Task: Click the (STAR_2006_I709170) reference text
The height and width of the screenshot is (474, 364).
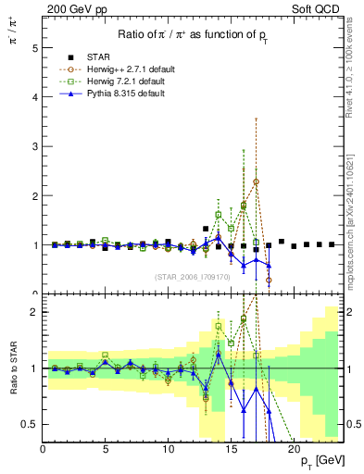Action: tap(193, 275)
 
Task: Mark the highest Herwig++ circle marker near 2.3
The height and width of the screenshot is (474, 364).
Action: tap(256, 181)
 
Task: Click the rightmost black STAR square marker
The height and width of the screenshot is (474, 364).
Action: tap(332, 245)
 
